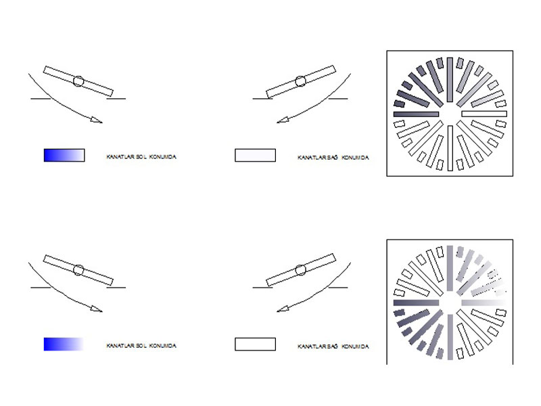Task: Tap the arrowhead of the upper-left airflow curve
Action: coord(97,120)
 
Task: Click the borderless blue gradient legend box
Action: coord(64,344)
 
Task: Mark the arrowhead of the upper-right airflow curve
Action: coord(283,120)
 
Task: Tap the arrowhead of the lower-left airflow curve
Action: coord(97,309)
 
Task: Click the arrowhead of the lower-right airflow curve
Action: coord(283,309)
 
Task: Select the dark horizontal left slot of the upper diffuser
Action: coord(416,114)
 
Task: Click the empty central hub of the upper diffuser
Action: coord(450,114)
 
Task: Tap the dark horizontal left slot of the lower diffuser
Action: coord(416,302)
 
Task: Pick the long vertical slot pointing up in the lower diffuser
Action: coord(450,268)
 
